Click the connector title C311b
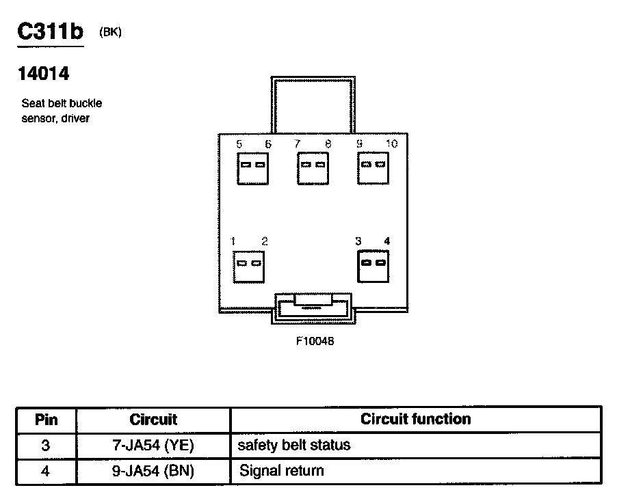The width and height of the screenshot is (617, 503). tap(50, 32)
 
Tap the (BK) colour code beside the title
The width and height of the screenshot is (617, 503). tap(110, 32)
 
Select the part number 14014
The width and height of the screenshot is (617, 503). tap(43, 73)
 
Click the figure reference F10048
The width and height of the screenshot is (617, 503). tap(315, 341)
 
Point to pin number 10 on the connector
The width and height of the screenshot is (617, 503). tap(391, 144)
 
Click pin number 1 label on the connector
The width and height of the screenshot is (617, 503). tap(233, 241)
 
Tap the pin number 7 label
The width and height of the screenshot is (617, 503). tap(297, 144)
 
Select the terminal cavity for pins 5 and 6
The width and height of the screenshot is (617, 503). tap(252, 167)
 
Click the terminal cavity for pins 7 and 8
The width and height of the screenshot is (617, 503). tap(313, 167)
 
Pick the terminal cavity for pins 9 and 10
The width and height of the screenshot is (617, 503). tap(373, 167)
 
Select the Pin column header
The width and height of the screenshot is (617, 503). tap(46, 420)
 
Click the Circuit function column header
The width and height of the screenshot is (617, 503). tap(415, 419)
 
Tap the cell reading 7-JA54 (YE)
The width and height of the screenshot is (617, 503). tap(153, 446)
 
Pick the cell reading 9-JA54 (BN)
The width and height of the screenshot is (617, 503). tap(153, 471)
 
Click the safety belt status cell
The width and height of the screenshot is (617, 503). tap(294, 446)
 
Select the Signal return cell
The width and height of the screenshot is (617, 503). tap(281, 471)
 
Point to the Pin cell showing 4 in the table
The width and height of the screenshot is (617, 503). tap(46, 471)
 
